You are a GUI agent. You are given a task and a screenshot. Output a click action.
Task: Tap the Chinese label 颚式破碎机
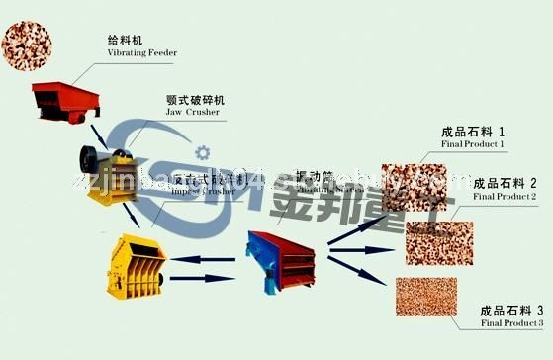[196, 100]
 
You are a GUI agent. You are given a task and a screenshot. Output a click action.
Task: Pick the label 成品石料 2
[506, 183]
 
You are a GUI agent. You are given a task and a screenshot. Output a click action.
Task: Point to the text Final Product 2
[505, 197]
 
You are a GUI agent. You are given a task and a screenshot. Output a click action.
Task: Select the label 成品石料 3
[510, 309]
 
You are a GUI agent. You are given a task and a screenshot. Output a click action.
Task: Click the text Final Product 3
[510, 322]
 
